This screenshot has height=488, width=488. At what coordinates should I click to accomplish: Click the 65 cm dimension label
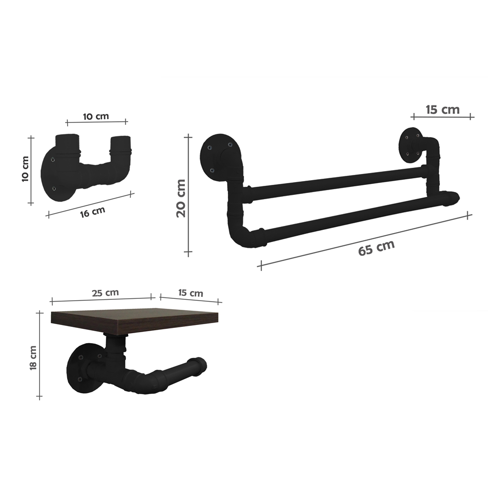click(376, 248)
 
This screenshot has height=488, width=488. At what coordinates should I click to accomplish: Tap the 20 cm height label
click(181, 198)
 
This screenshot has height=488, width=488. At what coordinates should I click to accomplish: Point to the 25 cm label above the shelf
click(106, 293)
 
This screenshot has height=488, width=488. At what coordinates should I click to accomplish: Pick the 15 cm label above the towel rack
click(442, 110)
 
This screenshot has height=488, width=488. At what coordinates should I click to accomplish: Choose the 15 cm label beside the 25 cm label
click(190, 293)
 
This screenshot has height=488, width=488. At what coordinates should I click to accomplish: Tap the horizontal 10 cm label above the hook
click(96, 116)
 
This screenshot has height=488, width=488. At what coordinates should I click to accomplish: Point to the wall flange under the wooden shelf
click(82, 369)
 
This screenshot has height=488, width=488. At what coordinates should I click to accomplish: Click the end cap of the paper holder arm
click(200, 364)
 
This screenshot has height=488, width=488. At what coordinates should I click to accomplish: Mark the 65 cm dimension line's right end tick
click(469, 215)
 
